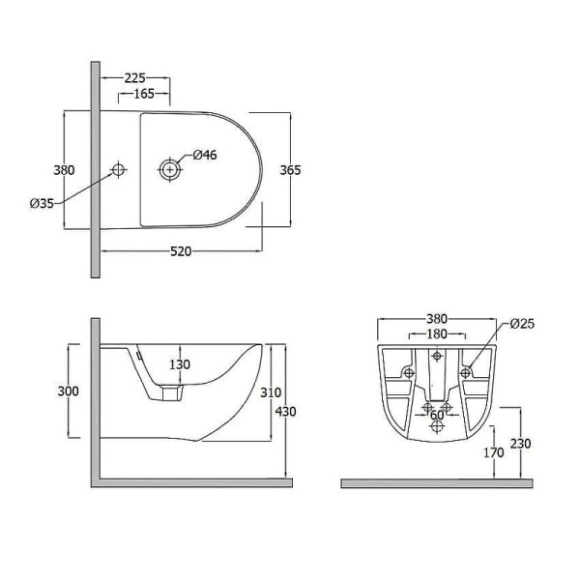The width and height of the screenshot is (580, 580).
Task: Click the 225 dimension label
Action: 134,78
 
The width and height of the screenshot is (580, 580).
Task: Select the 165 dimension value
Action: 143,94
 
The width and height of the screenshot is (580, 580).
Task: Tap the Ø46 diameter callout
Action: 205,155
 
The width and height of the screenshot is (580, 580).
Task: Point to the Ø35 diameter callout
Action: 42,203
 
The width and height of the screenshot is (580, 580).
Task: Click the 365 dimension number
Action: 290,170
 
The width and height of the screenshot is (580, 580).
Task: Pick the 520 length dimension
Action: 181,251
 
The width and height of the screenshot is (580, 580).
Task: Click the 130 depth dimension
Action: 180,364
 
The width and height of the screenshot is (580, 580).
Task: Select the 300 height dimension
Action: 68,391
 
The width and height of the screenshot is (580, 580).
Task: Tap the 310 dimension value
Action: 271,392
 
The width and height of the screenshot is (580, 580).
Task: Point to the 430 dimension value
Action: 285,412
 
